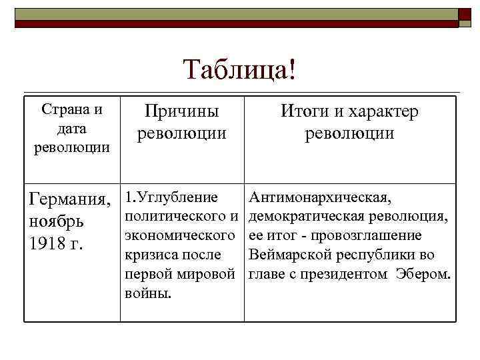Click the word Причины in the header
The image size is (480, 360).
coord(182,111)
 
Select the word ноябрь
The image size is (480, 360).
coord(55,221)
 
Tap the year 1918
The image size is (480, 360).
coord(46,243)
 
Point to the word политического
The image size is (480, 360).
coord(175,217)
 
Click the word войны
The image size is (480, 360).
coord(147,294)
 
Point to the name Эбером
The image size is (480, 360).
coord(423,275)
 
